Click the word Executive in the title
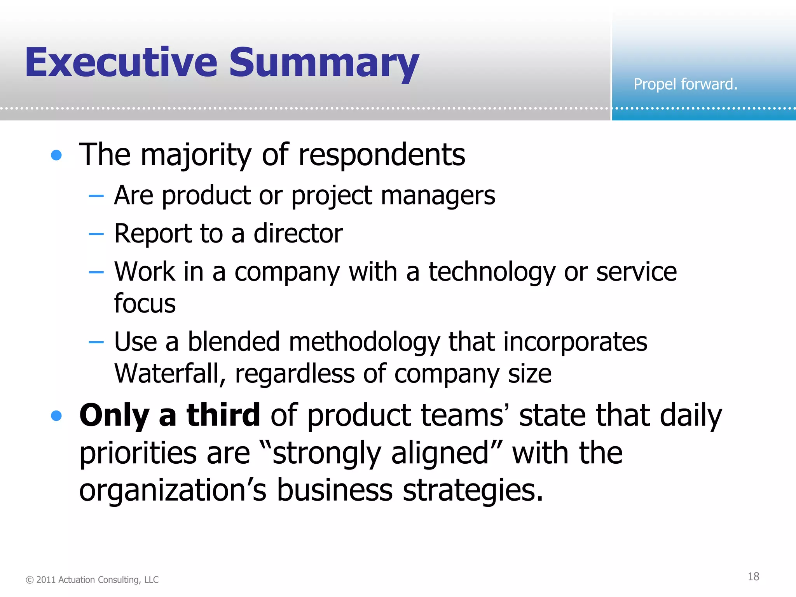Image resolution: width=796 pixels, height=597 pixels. click(121, 62)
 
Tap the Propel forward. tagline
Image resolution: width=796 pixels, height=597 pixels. click(685, 84)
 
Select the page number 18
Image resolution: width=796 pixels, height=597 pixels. click(753, 576)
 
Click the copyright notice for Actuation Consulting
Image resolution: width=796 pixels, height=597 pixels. click(92, 580)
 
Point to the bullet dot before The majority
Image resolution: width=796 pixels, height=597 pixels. click(56, 155)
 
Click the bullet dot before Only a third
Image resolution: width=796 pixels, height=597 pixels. click(56, 416)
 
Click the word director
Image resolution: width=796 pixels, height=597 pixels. click(298, 234)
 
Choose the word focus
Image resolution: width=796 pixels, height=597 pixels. click(145, 303)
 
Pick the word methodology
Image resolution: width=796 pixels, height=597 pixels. click(364, 342)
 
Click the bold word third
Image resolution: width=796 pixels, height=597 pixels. click(223, 415)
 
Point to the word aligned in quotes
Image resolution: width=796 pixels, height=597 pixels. click(440, 453)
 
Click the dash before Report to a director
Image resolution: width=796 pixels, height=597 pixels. click(96, 234)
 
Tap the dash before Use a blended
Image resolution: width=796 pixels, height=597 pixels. click(96, 342)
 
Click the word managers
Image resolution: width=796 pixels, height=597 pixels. click(438, 196)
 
